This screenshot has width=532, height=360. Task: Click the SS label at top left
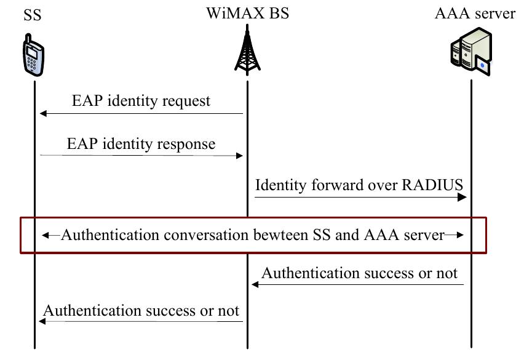[33, 14]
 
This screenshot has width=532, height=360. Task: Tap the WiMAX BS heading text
[247, 13]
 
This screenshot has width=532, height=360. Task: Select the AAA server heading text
[475, 14]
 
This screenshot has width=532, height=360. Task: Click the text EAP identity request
[141, 100]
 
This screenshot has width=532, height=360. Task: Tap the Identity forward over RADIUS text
[359, 185]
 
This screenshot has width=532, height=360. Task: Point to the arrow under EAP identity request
[141, 113]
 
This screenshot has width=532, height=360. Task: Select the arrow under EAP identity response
[141, 156]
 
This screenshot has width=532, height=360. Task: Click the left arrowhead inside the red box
[46, 235]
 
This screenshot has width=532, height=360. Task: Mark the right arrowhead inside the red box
[458, 235]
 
